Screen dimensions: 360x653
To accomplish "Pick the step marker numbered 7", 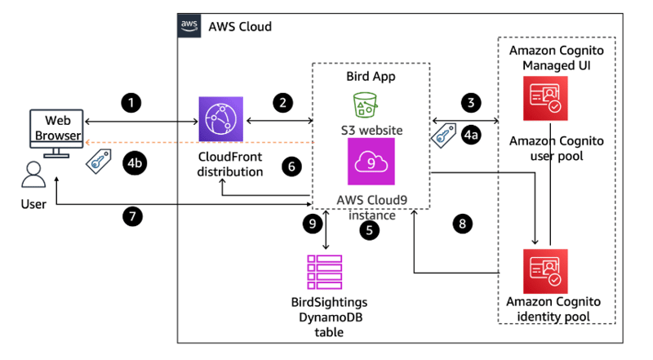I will pos(131,217).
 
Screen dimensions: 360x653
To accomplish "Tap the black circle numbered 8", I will pos(461,222).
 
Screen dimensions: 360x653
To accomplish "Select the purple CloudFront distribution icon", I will pos(221,118).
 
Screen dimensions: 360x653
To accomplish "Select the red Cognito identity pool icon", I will pos(545,271).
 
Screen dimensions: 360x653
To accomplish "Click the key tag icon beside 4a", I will pos(444,134).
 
